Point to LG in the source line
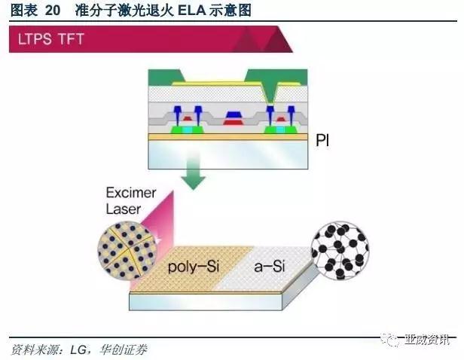[x=81, y=350]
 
